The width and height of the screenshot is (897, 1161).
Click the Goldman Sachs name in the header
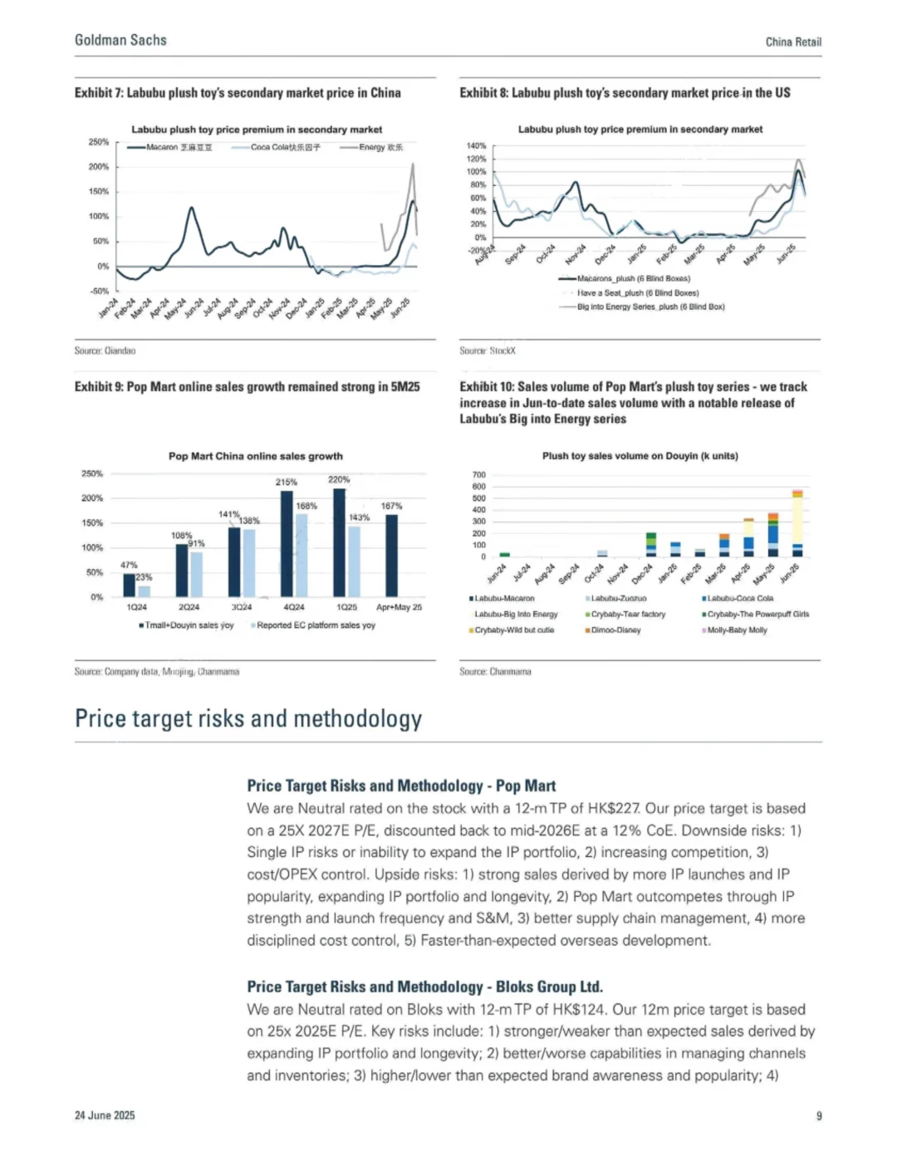(x=120, y=40)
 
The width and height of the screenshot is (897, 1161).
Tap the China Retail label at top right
(x=793, y=42)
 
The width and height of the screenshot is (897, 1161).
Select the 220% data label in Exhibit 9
(x=339, y=479)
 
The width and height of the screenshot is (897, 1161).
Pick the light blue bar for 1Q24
(x=145, y=591)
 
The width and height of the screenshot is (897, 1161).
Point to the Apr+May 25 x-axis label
(x=399, y=607)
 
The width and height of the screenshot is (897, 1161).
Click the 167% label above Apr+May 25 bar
(x=391, y=506)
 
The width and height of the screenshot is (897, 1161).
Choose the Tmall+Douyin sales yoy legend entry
(x=189, y=625)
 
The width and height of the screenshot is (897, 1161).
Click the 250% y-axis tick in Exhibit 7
(x=99, y=142)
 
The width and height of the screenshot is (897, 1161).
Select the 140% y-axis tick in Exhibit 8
(x=477, y=146)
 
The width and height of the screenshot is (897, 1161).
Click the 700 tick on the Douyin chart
(x=478, y=475)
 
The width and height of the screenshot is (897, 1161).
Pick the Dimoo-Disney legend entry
(x=615, y=630)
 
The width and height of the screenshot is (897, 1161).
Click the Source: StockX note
(x=488, y=350)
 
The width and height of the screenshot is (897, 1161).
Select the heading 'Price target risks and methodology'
(x=248, y=718)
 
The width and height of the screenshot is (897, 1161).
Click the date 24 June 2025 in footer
(x=105, y=1115)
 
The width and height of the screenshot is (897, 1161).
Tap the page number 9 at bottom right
(x=819, y=1115)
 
